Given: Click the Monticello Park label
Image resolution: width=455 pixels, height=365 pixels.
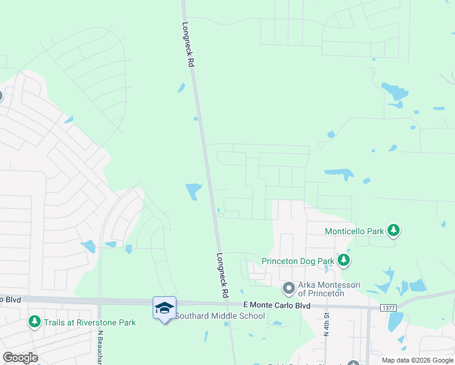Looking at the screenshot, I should pos(355,231).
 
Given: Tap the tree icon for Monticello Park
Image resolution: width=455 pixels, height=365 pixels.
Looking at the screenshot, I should pos(394,230).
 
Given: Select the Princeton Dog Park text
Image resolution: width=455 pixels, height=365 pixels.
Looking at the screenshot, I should pos(298,261).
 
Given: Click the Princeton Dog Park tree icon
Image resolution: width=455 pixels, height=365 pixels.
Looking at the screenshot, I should pos(344,260).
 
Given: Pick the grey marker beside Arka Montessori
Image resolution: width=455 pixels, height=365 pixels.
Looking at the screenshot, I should pos(288,287).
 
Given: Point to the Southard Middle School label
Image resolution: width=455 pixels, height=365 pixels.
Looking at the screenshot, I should pos(220,316).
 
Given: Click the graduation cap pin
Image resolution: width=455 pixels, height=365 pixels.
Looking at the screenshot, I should pos(164,308).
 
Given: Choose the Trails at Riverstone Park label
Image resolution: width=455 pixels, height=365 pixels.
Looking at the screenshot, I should pos(90,322).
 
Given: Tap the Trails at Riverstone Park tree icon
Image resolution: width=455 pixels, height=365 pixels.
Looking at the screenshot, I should pos(34,321).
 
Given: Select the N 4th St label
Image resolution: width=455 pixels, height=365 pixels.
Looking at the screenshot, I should pos(327,324).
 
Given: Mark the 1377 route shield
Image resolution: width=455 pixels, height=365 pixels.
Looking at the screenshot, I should pos(389,308).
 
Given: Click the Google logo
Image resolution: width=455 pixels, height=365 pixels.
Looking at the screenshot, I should pos(20,358).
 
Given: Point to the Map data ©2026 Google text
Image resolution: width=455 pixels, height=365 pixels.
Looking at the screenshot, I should pos(417,360).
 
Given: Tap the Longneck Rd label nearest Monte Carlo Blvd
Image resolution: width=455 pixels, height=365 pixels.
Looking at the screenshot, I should pos(221,275).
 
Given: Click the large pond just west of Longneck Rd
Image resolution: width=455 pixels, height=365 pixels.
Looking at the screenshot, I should pos(194,191).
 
